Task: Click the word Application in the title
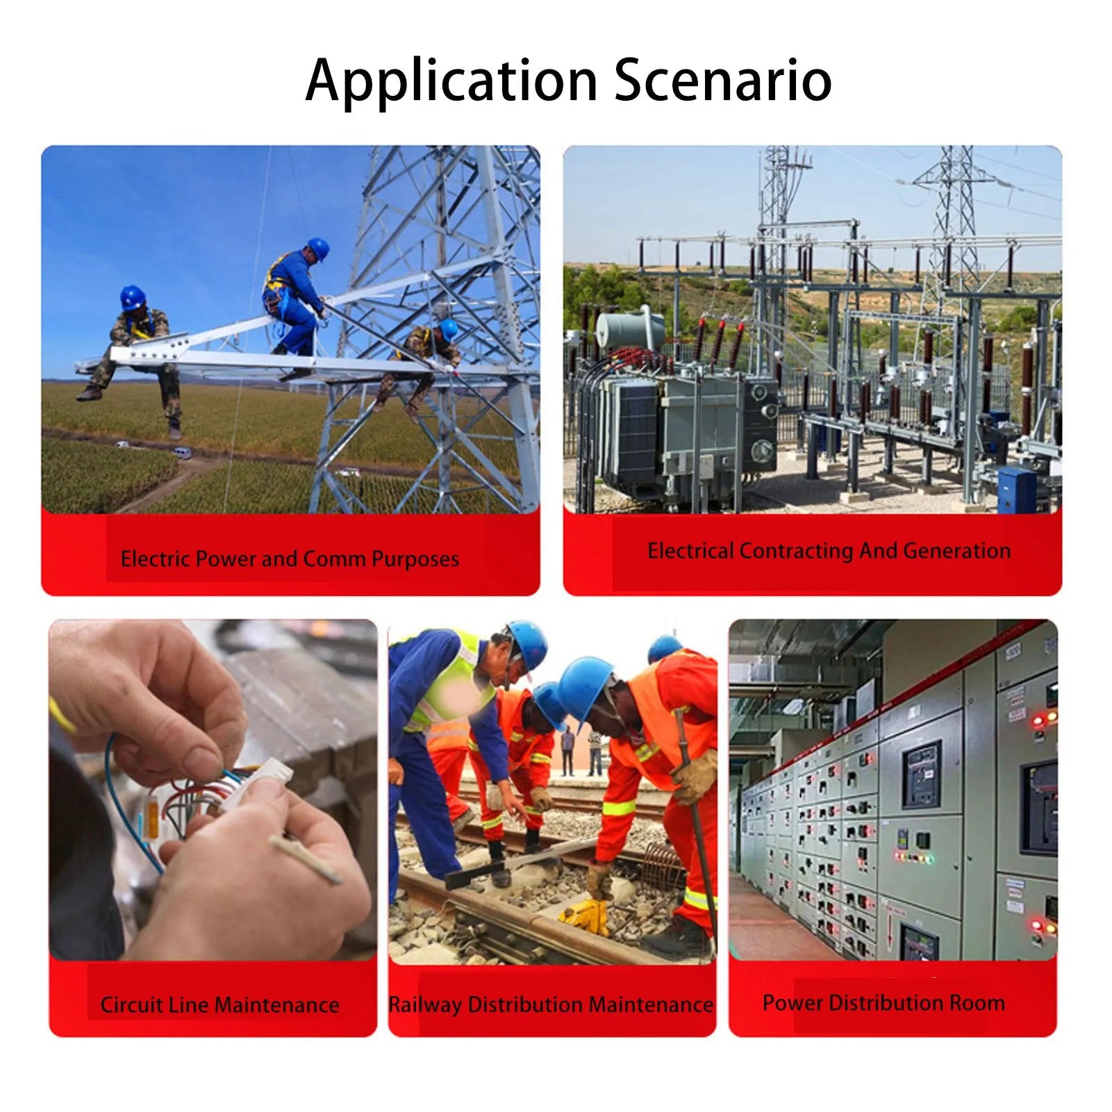click(451, 82)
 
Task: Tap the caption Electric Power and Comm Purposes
click(290, 559)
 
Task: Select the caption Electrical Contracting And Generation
click(829, 551)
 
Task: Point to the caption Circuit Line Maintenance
click(219, 1004)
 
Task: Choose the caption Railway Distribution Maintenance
click(551, 1004)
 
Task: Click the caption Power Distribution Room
click(883, 1002)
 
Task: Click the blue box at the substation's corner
click(1016, 490)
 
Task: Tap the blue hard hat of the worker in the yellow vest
click(529, 644)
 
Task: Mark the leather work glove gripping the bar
click(695, 774)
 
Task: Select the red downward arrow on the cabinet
click(890, 927)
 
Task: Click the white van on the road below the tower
click(182, 453)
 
